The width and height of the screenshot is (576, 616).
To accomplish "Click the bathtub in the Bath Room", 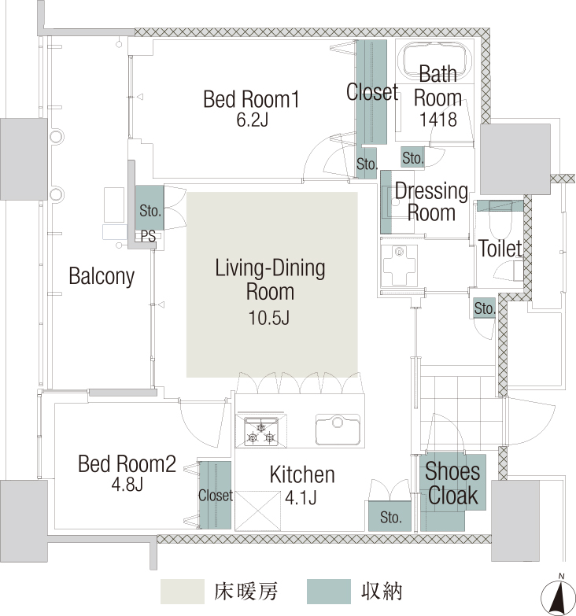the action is [x=434, y=61].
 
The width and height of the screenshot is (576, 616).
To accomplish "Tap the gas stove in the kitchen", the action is [x=261, y=430].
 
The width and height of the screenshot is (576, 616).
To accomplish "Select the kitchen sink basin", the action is [x=338, y=430].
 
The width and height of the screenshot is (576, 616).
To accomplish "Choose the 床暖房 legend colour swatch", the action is [x=183, y=592].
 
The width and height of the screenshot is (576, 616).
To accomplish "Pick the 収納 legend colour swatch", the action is [x=328, y=592].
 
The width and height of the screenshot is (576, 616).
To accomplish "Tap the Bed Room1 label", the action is [x=252, y=99].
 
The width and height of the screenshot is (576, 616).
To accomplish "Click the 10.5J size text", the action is [x=269, y=318].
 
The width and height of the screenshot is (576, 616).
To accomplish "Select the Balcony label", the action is [x=102, y=276].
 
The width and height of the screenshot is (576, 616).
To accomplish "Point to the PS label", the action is [x=148, y=236].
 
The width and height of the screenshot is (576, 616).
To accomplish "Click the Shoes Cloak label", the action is [x=452, y=483].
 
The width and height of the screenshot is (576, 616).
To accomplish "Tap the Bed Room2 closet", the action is [x=216, y=495].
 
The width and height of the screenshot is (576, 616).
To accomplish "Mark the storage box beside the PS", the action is [x=150, y=208].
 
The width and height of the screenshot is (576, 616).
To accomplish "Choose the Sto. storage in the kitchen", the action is [x=390, y=516].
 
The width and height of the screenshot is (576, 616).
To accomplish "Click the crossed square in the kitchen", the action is [x=258, y=511].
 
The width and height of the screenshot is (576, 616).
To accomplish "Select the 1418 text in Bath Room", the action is [x=438, y=120].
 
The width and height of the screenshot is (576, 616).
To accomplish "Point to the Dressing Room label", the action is [x=431, y=202].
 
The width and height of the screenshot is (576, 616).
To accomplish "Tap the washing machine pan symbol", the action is [x=399, y=265].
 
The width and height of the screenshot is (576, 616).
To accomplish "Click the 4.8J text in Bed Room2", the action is [x=127, y=485].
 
